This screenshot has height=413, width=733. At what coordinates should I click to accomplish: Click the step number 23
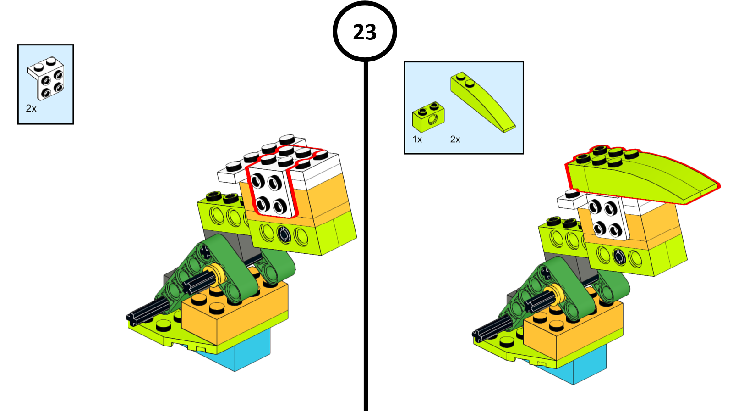(x=365, y=32)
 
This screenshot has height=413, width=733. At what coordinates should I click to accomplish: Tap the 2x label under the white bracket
(x=31, y=108)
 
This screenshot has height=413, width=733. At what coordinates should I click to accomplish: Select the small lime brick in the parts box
(x=428, y=117)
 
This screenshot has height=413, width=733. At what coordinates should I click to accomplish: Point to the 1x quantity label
(x=417, y=140)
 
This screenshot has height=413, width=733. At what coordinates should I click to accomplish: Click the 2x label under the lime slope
(x=455, y=140)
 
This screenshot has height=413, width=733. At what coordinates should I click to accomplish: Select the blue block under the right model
(x=586, y=365)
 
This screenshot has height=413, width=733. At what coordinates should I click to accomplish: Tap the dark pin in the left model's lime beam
(x=284, y=234)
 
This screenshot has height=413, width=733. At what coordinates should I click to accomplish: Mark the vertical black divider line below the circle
(x=366, y=236)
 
